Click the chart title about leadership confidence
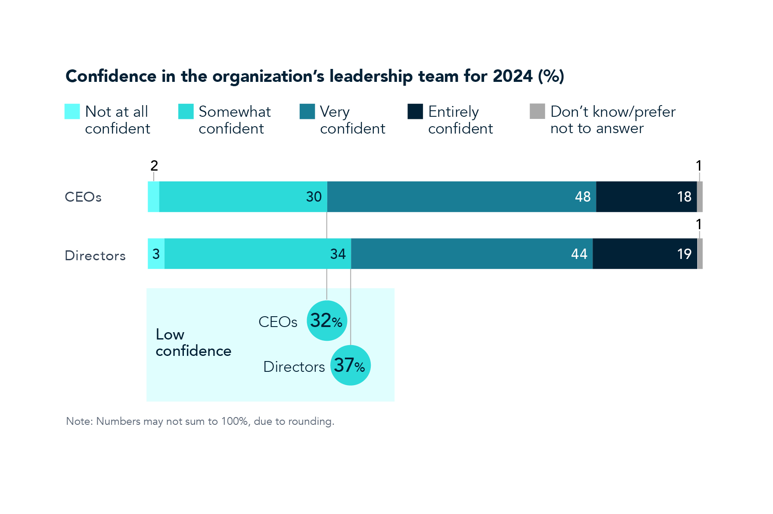(x=314, y=76)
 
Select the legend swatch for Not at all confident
(x=72, y=111)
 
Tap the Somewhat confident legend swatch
(x=186, y=111)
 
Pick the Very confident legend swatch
(x=307, y=111)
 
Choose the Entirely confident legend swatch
(x=415, y=111)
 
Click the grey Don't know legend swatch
(x=537, y=111)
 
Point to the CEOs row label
(x=83, y=197)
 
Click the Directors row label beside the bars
(x=95, y=255)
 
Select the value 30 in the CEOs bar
(x=314, y=197)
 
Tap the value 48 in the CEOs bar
(x=582, y=197)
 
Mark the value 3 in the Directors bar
(x=156, y=254)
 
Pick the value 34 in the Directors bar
(x=338, y=254)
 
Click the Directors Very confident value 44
(x=579, y=254)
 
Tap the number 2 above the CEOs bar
(x=154, y=165)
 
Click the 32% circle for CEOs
(x=327, y=321)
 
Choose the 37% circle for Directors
(x=350, y=365)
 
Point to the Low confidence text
(x=193, y=343)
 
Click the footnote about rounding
(x=200, y=421)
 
